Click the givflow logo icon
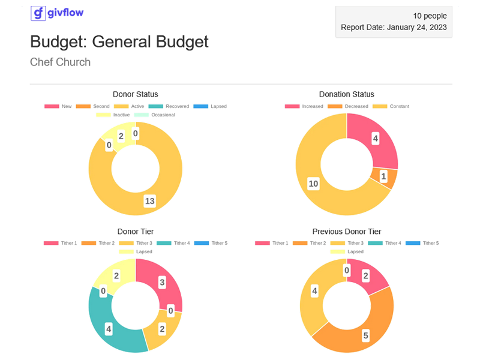tap(38, 13)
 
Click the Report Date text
tap(394, 27)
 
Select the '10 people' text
tap(430, 15)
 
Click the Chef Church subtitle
tap(60, 62)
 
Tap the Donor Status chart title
tap(136, 94)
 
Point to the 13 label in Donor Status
tap(149, 201)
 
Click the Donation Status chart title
tap(347, 94)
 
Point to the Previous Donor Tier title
tap(347, 232)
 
